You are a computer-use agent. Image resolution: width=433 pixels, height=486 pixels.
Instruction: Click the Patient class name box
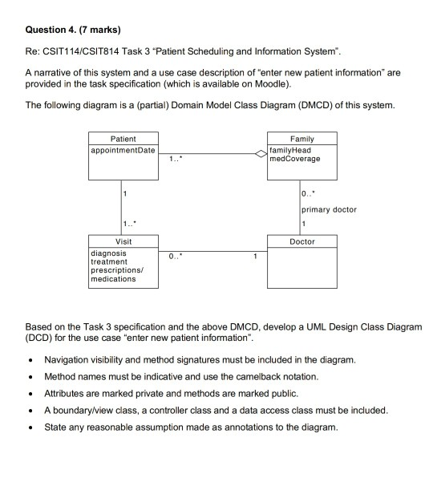(123, 139)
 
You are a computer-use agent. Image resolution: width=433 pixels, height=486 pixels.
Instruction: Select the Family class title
(301, 139)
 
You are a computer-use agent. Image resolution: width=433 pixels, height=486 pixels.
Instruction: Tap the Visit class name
(123, 241)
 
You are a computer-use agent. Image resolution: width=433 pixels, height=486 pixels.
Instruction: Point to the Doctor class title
(301, 241)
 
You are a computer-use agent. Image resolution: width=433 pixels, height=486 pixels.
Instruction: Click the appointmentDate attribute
(123, 150)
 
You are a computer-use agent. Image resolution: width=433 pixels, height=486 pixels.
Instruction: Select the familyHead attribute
(290, 150)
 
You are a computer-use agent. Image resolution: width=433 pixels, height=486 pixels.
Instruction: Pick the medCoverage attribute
(295, 158)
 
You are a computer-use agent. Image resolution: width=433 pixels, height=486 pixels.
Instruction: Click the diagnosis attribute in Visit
(107, 253)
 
